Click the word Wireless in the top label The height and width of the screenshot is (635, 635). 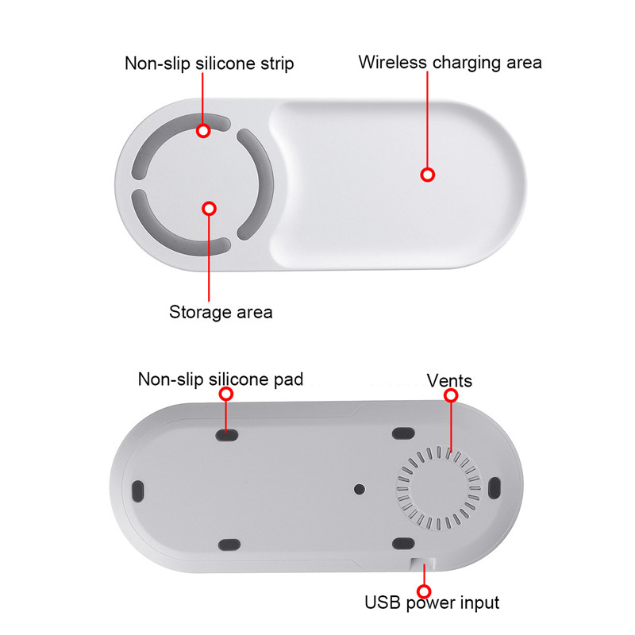[x=392, y=63]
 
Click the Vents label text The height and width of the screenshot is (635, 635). [x=449, y=381]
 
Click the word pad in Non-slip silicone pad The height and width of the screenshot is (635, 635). [x=288, y=380]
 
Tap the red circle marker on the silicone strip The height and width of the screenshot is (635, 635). [x=203, y=130]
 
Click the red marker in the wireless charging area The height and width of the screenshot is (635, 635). [x=428, y=175]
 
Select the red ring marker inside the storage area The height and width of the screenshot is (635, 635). [x=209, y=209]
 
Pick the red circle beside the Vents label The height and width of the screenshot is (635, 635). [x=451, y=395]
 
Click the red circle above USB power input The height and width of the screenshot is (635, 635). [x=424, y=591]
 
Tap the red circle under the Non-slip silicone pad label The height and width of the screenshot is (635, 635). [x=226, y=394]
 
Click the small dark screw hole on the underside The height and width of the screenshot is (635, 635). [x=360, y=489]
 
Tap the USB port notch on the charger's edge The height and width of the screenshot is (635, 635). [x=422, y=564]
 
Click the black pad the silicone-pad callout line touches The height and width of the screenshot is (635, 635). [x=227, y=435]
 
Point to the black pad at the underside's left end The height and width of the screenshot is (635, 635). [x=137, y=491]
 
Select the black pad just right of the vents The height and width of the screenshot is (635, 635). [x=495, y=488]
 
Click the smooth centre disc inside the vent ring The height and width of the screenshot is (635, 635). [x=439, y=489]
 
